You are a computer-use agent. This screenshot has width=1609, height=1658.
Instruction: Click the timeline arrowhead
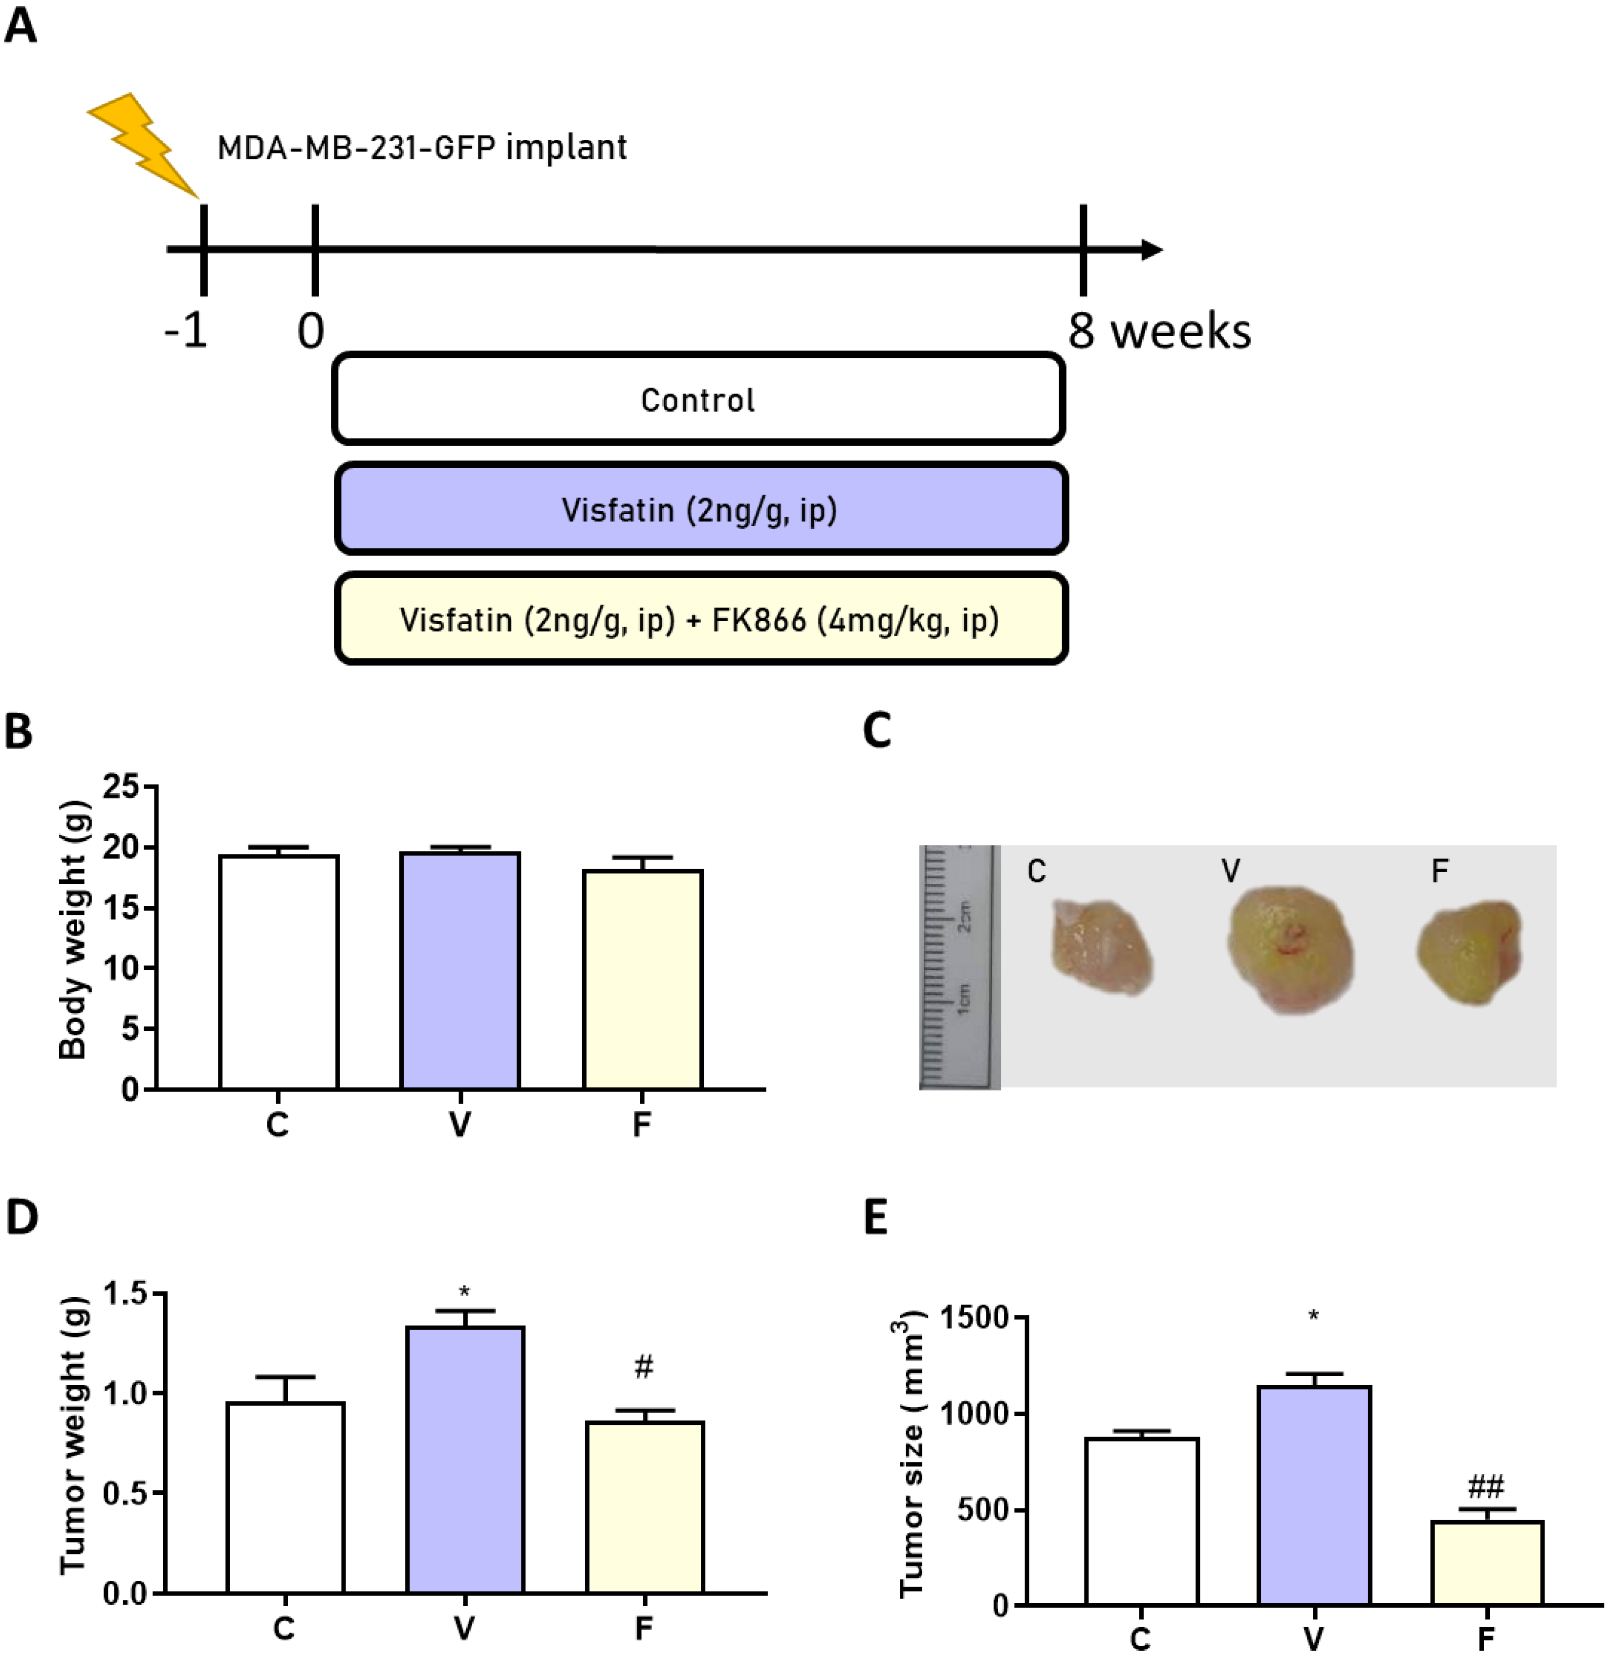click(1152, 250)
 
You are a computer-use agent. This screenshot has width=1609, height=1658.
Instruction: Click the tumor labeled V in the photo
click(1290, 949)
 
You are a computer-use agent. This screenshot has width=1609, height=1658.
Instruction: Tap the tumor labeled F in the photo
click(1469, 952)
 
